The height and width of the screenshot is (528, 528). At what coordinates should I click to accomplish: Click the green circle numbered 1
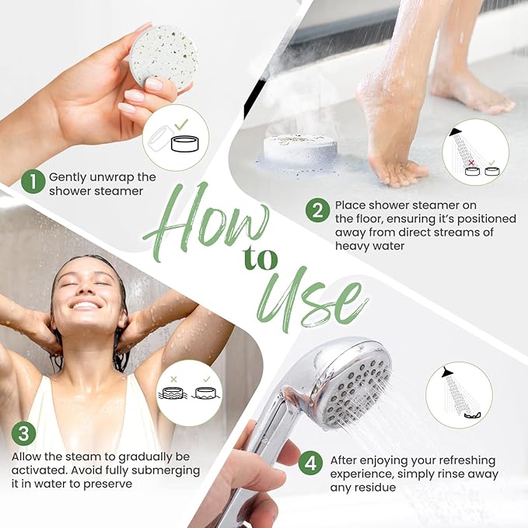coord(33,181)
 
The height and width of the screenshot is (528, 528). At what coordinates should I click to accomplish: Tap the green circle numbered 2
coord(317,211)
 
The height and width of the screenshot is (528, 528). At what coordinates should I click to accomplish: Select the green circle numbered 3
coord(23,433)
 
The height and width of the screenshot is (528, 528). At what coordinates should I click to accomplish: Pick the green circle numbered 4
coord(310,463)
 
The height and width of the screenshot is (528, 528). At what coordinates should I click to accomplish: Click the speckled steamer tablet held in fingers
coord(164,57)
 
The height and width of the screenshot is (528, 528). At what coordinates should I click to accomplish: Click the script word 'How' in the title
coord(205,219)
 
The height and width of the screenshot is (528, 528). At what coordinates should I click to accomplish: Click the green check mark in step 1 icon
coord(181,124)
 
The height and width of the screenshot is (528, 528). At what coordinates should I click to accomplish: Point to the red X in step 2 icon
coord(471,163)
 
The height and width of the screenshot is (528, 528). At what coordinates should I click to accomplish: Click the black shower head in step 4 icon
coord(448,372)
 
